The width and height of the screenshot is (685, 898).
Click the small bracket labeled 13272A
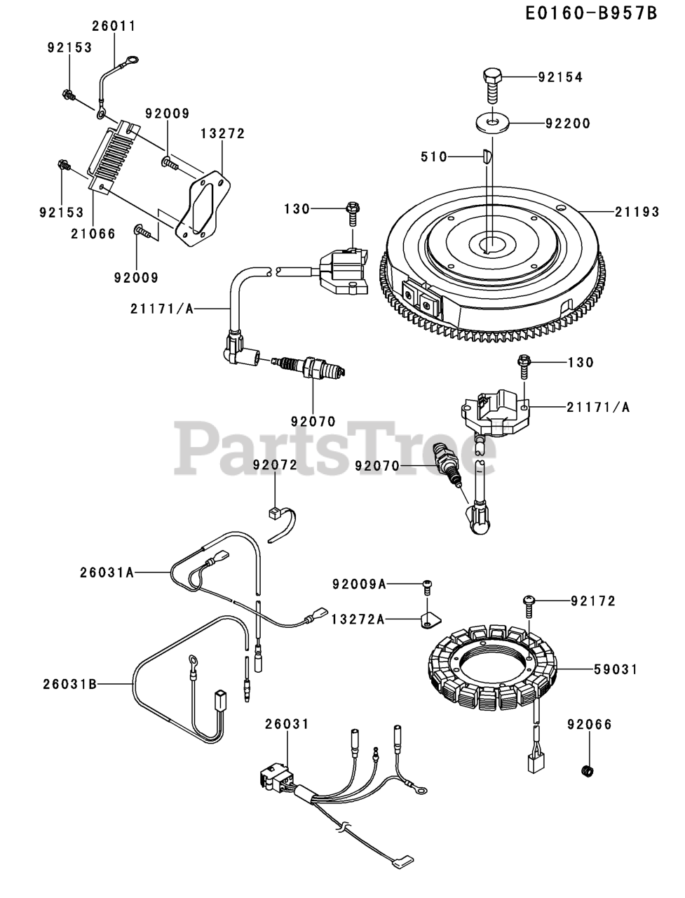429,621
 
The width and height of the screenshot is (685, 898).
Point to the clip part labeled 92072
277,512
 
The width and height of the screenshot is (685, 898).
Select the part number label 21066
93,234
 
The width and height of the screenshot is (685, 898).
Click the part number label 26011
114,27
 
